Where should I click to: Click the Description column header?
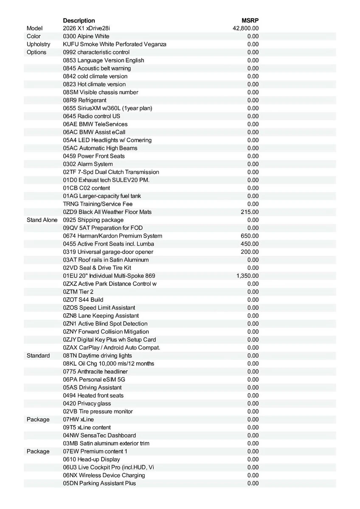[x=79, y=20]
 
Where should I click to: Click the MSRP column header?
[x=250, y=20]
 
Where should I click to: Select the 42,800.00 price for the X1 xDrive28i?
[x=246, y=28]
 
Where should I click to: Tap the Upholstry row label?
[x=38, y=44]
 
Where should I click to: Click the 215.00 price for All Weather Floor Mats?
[x=250, y=212]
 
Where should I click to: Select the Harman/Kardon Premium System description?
[x=112, y=236]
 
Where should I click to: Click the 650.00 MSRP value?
[x=250, y=236]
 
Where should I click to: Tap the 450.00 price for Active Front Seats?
[x=250, y=244]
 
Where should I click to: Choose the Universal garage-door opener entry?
[x=108, y=252]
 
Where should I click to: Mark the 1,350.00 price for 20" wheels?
[x=247, y=276]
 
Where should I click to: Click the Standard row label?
[x=38, y=355]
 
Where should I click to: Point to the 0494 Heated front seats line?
[x=93, y=395]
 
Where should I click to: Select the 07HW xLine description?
[x=79, y=420]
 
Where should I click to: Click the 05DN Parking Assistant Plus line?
[x=99, y=483]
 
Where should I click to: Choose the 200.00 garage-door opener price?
[x=250, y=252]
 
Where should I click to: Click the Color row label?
[x=34, y=36]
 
